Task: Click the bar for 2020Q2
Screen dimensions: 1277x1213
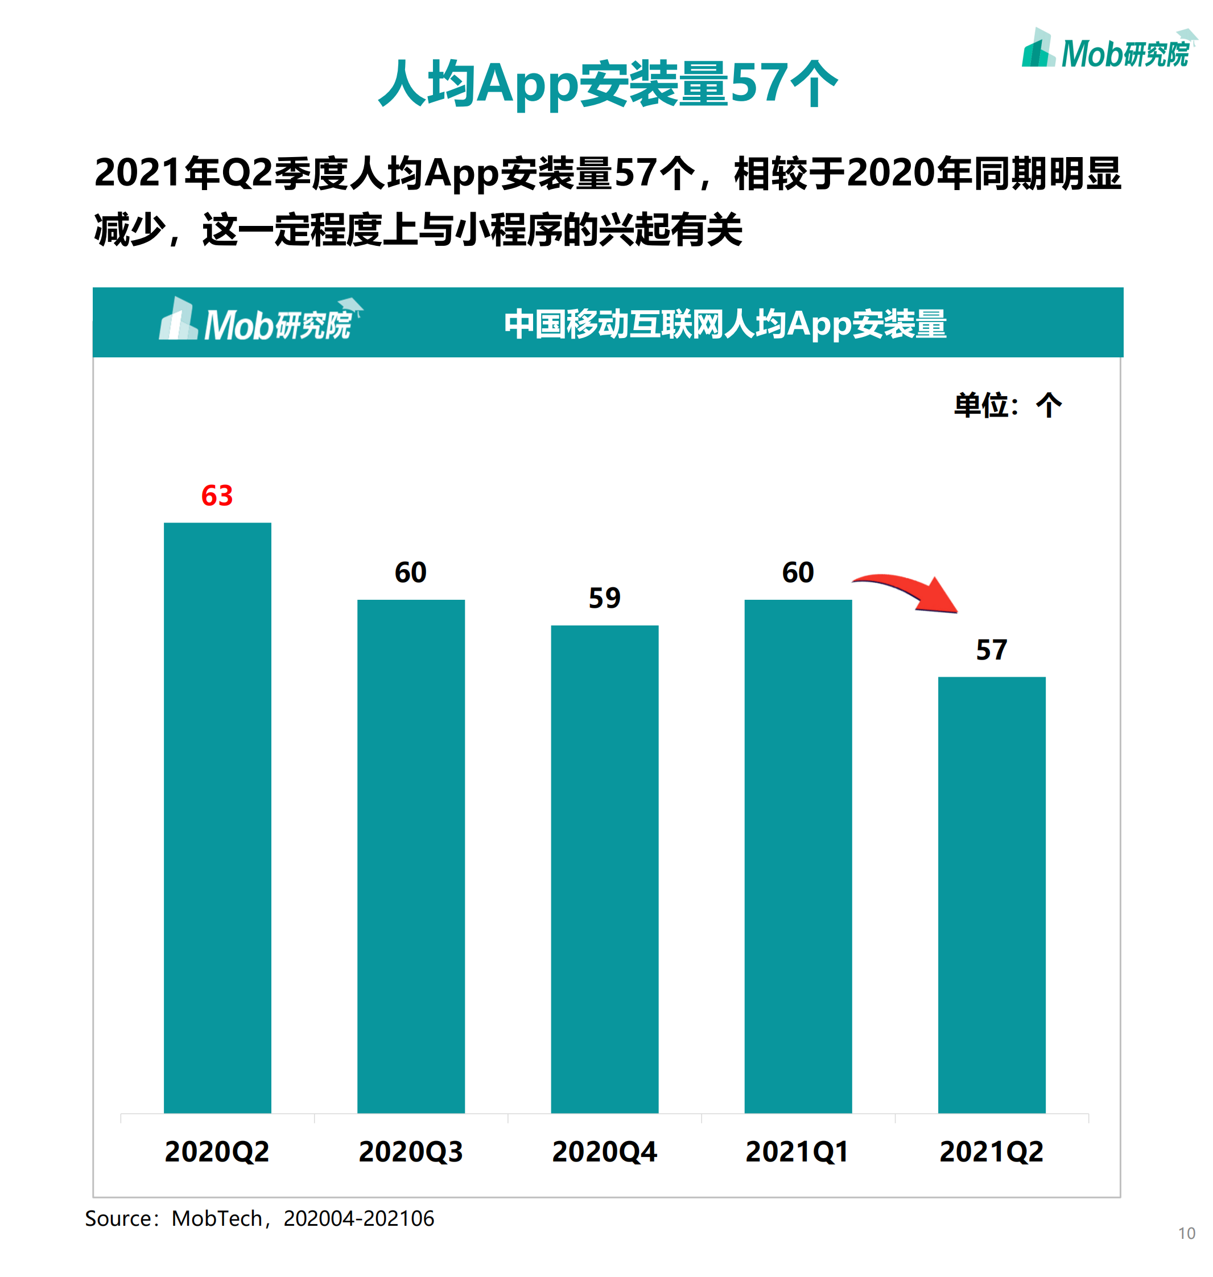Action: (x=217, y=817)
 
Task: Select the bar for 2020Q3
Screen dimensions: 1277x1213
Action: (x=411, y=856)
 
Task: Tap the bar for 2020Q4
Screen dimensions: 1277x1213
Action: (x=605, y=869)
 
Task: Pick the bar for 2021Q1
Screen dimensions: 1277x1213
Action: (x=798, y=856)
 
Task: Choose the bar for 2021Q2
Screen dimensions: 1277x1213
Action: (x=991, y=895)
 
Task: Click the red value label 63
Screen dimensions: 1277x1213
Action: (x=217, y=496)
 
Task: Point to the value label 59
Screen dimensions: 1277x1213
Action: (x=605, y=599)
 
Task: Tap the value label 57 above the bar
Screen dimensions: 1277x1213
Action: (x=991, y=650)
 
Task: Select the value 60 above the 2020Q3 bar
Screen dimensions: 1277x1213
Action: (x=411, y=573)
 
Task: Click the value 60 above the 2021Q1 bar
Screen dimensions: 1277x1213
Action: (x=798, y=573)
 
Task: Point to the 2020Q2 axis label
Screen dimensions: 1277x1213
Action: (x=217, y=1152)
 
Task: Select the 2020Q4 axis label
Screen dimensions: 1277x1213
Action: (x=605, y=1152)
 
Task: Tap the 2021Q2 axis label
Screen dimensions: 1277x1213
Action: (x=991, y=1152)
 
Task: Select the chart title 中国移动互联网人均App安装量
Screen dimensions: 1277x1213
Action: (x=725, y=324)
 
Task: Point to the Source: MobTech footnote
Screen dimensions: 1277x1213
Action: (x=259, y=1219)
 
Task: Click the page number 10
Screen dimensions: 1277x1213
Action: (x=1186, y=1234)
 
